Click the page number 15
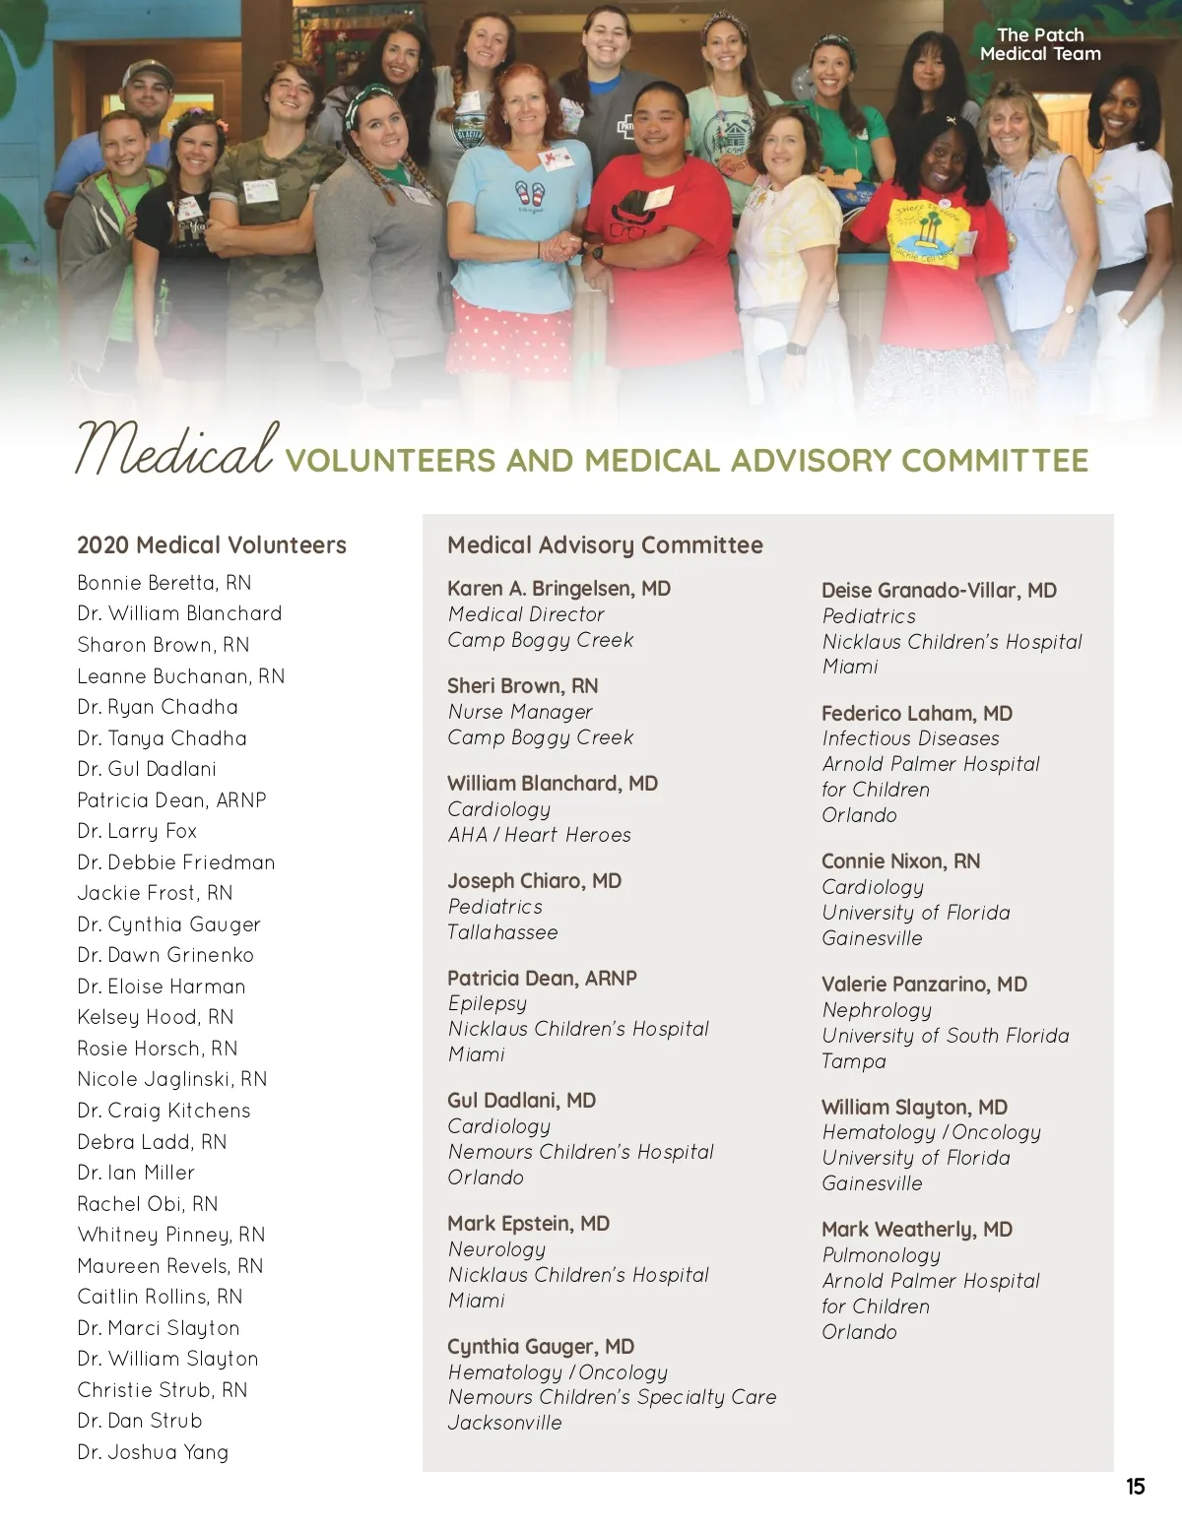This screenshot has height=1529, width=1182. (x=1135, y=1486)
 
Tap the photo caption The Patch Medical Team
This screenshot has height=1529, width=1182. (x=1040, y=44)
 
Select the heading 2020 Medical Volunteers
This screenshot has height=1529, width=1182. (x=212, y=544)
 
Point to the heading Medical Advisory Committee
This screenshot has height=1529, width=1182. (x=605, y=544)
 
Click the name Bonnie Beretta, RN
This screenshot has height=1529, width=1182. (x=164, y=582)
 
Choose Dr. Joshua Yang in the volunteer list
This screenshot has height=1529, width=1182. (x=153, y=1451)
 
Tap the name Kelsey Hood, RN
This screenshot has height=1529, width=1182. (x=156, y=1016)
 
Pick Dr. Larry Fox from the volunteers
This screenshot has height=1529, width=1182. (x=137, y=830)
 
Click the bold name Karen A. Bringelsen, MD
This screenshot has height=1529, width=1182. (x=558, y=588)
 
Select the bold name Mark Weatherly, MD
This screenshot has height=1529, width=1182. (x=917, y=1229)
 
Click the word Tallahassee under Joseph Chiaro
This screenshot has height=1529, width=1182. (x=502, y=931)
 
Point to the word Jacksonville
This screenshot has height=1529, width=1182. (x=504, y=1422)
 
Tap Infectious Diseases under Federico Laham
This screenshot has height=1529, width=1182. (x=910, y=737)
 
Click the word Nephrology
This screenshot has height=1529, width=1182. (x=877, y=1009)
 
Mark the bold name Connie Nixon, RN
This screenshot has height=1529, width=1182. (x=900, y=860)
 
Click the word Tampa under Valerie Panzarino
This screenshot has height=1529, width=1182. (x=854, y=1060)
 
